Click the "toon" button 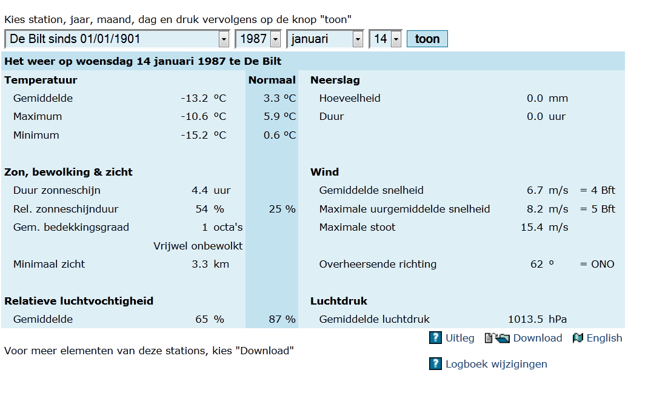pyautogui.click(x=427, y=39)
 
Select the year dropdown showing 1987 pyautogui.click(x=258, y=39)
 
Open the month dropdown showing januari pyautogui.click(x=325, y=39)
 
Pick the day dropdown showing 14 pyautogui.click(x=385, y=39)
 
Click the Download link pyautogui.click(x=537, y=338)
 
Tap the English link pyautogui.click(x=604, y=338)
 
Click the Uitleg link pyautogui.click(x=459, y=338)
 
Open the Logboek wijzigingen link pyautogui.click(x=496, y=364)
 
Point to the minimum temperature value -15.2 pyautogui.click(x=194, y=135)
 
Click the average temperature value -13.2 pyautogui.click(x=194, y=98)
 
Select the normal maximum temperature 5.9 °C pyautogui.click(x=280, y=116)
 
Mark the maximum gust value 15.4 pyautogui.click(x=532, y=228)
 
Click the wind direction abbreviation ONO pyautogui.click(x=603, y=264)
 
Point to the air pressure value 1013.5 pyautogui.click(x=526, y=320)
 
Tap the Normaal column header pyautogui.click(x=272, y=80)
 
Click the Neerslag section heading pyautogui.click(x=335, y=80)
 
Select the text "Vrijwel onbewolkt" pyautogui.click(x=198, y=246)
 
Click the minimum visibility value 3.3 pyautogui.click(x=200, y=264)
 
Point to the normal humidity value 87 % pyautogui.click(x=282, y=320)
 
